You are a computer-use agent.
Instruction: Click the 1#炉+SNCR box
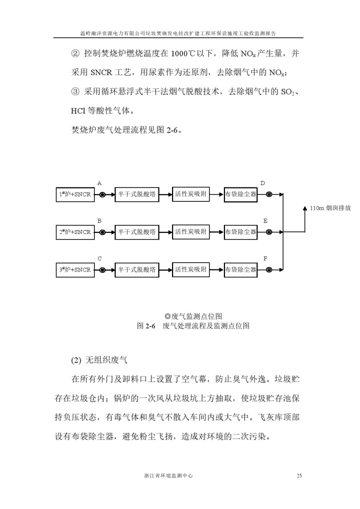(75, 194)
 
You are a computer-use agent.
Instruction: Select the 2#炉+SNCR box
(75, 232)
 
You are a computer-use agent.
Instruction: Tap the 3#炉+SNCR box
(75, 270)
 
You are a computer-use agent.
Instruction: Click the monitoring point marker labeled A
(102, 195)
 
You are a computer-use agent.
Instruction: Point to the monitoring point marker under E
(269, 232)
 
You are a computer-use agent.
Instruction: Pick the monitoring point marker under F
(269, 270)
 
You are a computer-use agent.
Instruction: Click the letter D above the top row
(262, 183)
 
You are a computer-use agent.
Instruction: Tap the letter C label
(99, 258)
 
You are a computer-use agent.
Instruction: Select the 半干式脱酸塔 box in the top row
(137, 194)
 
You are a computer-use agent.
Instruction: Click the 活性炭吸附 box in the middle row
(191, 232)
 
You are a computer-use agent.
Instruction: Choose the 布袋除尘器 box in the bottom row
(240, 270)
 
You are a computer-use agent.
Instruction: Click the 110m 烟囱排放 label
(330, 208)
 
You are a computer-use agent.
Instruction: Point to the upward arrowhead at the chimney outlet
(305, 208)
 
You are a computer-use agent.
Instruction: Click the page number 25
(299, 475)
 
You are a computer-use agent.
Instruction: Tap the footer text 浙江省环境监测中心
(169, 475)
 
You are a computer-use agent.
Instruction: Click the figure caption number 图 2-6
(146, 325)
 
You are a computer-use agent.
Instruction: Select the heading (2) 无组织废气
(99, 359)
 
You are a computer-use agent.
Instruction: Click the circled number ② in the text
(75, 53)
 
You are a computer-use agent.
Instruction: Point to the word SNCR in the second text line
(101, 72)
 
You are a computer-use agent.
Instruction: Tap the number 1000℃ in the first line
(183, 53)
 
